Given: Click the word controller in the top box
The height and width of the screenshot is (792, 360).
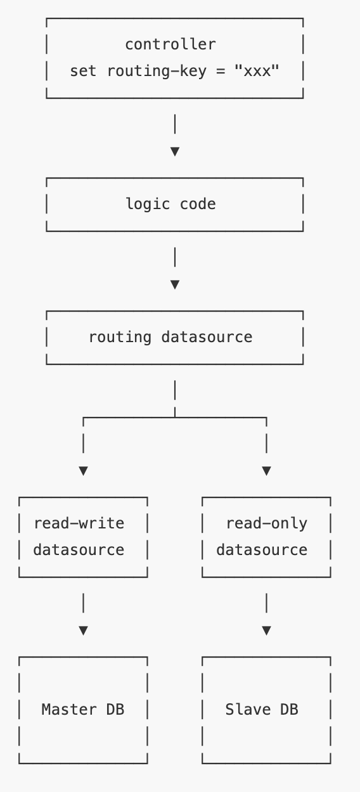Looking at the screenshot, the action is [170, 44].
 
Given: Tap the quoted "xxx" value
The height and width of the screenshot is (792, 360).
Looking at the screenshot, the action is [257, 71].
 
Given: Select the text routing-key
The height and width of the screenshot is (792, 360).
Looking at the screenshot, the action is [157, 72].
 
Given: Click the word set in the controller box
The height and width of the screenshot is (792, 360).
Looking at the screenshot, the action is [83, 71].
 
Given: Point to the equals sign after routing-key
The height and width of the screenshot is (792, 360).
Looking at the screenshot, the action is [221, 71].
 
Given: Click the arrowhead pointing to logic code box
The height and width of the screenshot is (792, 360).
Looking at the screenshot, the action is [175, 151].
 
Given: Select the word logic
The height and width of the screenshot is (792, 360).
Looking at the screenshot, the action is [148, 205].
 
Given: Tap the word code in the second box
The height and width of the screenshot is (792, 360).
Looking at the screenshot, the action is [198, 204].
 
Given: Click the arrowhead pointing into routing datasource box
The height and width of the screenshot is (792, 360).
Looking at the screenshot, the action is [175, 284].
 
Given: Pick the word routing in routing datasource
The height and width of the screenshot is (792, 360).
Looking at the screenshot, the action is [120, 338].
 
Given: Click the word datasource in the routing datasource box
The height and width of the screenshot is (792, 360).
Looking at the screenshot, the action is [207, 337].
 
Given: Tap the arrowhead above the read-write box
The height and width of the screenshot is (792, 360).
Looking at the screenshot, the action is [84, 471].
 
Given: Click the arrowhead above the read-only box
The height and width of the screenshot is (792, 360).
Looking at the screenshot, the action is [267, 471].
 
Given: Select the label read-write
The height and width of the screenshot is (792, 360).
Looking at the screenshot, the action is [79, 523].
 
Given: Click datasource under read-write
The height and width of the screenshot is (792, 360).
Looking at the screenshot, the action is [79, 550].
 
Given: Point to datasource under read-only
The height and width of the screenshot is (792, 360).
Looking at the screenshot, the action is [262, 550].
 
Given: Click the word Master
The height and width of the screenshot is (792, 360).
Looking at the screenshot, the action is [69, 710].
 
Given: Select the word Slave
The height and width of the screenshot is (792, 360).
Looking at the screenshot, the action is [248, 710].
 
